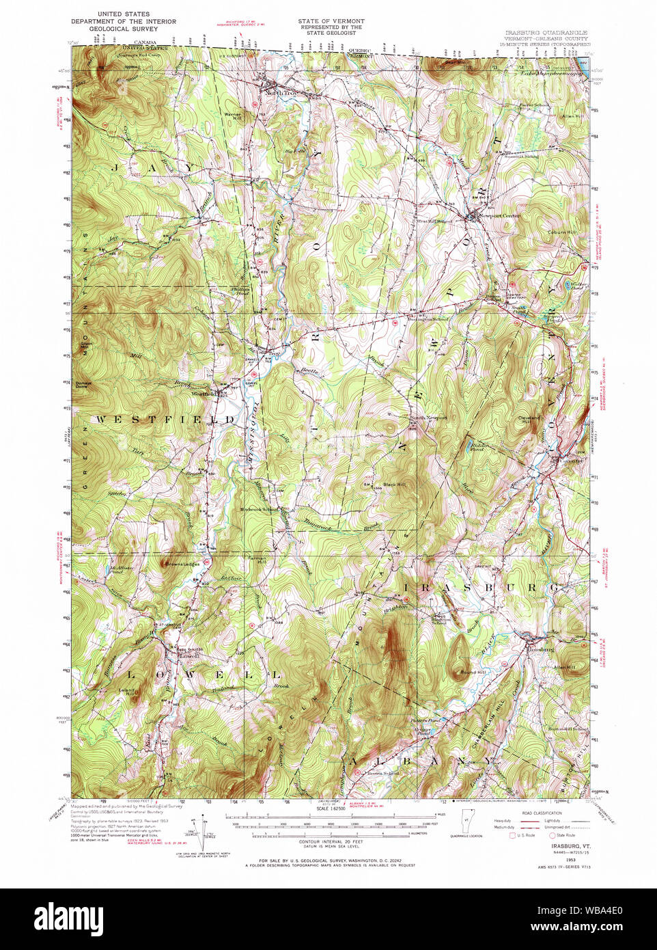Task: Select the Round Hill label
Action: [x=473, y=673]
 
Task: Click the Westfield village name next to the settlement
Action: [x=204, y=394]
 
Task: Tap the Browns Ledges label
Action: [x=181, y=565]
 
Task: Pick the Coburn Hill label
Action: [x=561, y=232]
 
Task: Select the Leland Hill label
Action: [x=128, y=692]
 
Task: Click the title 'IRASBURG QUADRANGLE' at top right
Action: [x=546, y=33]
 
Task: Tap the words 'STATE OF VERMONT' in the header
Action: [x=331, y=21]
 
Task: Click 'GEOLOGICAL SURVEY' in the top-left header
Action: [x=124, y=29]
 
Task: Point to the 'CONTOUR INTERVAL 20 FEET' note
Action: [x=330, y=843]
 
